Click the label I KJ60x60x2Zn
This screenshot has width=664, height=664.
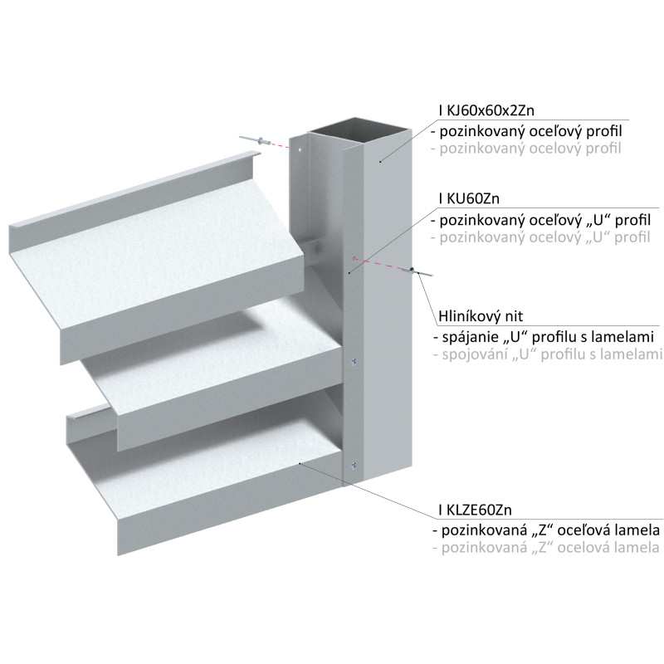coord(486,110)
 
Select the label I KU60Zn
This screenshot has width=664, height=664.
coord(469,198)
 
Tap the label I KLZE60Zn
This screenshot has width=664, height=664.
coord(475,510)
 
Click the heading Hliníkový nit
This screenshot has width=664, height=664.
coord(481,316)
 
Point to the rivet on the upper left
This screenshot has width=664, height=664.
coord(256,140)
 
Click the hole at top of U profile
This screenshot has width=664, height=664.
coord(300,149)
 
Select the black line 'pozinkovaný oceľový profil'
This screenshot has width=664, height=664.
coord(526,131)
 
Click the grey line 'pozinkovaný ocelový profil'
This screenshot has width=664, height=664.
coord(526,149)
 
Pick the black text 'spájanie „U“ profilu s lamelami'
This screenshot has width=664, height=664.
coord(544,337)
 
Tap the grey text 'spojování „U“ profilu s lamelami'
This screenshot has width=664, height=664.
coord(548,354)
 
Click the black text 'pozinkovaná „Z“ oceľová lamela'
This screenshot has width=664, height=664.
coord(546,530)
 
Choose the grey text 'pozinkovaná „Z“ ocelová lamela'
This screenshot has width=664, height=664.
coord(546,548)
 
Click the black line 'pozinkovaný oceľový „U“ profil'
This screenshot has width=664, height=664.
coord(541,220)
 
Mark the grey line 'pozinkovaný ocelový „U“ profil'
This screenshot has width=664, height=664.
coord(540,237)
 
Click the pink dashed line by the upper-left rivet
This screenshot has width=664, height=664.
coord(281,145)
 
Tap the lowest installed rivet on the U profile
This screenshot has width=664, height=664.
coord(354,466)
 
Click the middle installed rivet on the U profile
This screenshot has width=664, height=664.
coord(354,361)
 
